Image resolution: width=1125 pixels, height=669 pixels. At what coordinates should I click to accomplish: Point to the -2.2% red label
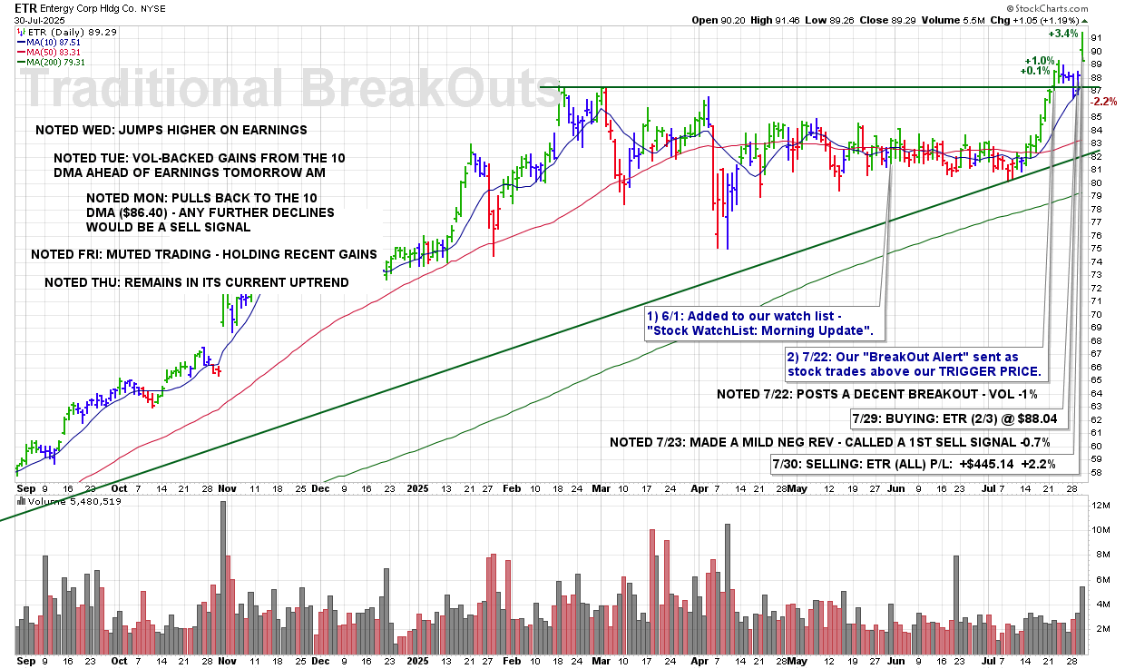coord(1105,103)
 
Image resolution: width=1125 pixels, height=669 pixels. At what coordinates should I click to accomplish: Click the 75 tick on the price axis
coord(1096,248)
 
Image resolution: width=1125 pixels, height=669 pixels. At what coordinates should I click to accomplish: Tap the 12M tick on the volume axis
coord(1100,505)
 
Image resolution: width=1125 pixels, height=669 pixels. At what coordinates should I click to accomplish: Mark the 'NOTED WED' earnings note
coord(171,130)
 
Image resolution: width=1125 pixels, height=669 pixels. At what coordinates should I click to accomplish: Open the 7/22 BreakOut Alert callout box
coord(914,365)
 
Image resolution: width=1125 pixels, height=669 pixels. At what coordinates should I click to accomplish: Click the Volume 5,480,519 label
coord(74,501)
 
